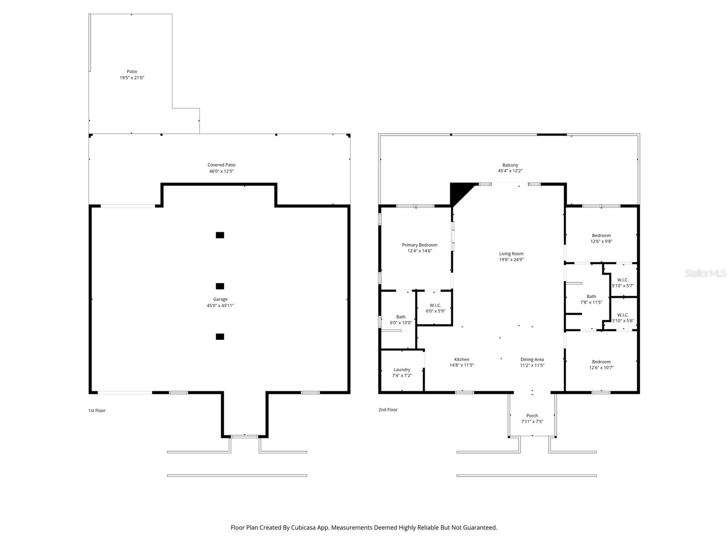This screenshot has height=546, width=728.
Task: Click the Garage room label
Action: pos(220,299)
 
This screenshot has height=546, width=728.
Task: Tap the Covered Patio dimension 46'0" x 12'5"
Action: pos(221,171)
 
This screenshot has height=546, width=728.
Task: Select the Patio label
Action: pos(131,71)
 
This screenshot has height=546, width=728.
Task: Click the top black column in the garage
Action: pos(220,235)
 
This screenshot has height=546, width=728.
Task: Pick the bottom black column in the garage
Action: pos(220,337)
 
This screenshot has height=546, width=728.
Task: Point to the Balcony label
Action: pos(510,165)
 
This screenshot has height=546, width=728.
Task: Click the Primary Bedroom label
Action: pos(420,245)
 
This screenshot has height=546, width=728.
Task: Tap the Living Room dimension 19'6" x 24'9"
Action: pos(511,259)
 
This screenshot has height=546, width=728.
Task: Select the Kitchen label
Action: pos(461,359)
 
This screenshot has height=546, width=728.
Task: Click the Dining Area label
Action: pos(532,359)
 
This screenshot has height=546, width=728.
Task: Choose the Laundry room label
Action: pos(402,369)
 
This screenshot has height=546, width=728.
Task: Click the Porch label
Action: pos(532,416)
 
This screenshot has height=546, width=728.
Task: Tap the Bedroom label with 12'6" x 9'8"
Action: pos(601,235)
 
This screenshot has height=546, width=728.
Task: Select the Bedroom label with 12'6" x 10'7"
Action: pos(601,362)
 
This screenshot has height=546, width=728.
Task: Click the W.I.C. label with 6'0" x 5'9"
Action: pos(435,305)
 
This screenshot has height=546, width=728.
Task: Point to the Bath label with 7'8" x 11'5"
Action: pos(591,296)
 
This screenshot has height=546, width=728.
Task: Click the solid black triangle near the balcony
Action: pos(458,192)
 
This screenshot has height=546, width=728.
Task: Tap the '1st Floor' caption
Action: pos(96,410)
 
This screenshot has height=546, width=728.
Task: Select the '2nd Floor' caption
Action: pos(388,409)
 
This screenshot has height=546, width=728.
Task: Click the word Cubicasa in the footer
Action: pos(303,527)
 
